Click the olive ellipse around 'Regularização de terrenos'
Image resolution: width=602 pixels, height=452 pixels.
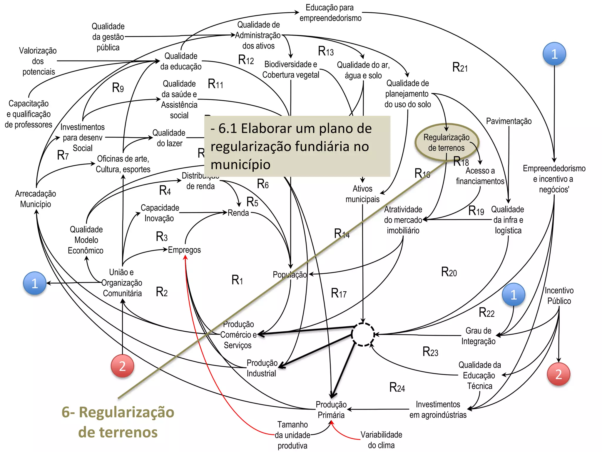tap(447, 142)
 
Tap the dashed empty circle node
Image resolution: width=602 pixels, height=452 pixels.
tap(363, 335)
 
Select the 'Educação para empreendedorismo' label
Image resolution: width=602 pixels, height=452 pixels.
tap(330, 13)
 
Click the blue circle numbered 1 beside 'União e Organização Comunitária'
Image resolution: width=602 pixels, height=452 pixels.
tap(35, 283)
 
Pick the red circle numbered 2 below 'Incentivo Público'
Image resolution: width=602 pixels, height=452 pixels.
tap(558, 374)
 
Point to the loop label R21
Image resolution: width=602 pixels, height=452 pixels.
tap(460, 67)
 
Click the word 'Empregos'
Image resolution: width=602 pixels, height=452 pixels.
tap(184, 250)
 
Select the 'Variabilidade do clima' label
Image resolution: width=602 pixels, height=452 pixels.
tap(381, 440)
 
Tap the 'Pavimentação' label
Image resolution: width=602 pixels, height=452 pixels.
tap(509, 121)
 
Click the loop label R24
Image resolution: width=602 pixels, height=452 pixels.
tap(397, 388)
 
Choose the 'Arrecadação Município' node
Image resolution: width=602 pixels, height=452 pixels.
tap(36, 199)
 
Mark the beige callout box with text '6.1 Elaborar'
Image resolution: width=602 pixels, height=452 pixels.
tap(297, 146)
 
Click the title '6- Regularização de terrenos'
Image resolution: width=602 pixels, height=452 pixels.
tap(118, 422)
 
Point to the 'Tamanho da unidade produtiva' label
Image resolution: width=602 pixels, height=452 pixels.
tap(292, 435)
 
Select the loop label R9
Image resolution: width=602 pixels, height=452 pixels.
tap(118, 88)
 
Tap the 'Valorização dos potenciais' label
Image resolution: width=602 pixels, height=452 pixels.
tap(38, 61)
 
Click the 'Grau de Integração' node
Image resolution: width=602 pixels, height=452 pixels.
tap(478, 336)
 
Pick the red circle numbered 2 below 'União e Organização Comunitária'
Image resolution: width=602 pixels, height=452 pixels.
tap(122, 366)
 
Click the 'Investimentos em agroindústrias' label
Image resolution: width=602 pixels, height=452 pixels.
tap(438, 409)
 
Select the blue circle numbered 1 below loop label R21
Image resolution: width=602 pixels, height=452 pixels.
tap(554, 54)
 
